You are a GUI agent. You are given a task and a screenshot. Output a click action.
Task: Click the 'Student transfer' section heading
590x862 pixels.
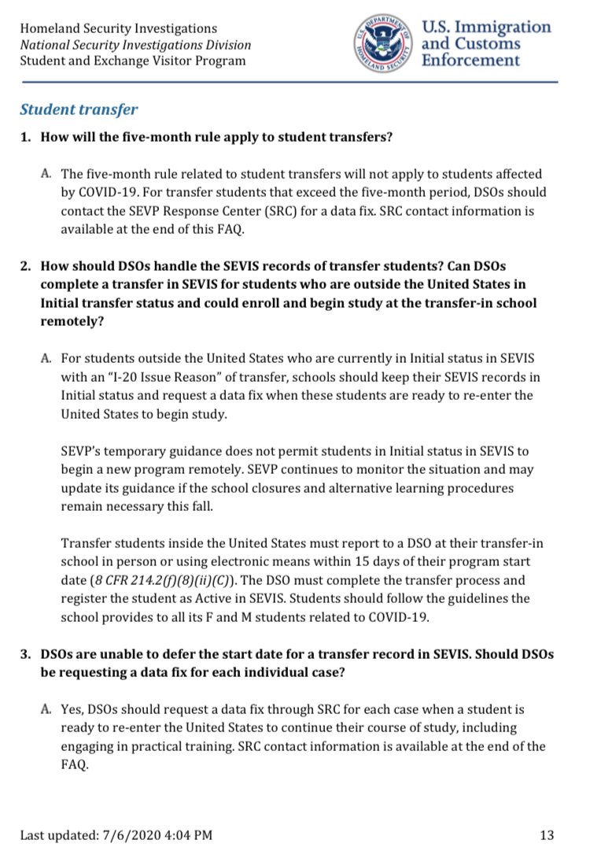(x=79, y=109)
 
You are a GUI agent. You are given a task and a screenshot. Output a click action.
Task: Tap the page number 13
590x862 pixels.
(x=548, y=834)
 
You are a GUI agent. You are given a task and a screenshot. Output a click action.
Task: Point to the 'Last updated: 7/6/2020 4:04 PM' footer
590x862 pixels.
(x=116, y=834)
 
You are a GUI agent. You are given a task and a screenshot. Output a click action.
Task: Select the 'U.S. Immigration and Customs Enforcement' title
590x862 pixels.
(x=486, y=44)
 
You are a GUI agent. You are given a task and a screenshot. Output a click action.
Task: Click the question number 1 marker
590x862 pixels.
(x=25, y=138)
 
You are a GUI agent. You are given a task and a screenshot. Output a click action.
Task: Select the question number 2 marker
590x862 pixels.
(x=25, y=266)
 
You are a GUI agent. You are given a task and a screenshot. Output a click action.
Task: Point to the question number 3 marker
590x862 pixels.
(x=25, y=653)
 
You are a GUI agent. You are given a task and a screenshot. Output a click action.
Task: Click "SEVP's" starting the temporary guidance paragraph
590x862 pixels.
(x=82, y=451)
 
